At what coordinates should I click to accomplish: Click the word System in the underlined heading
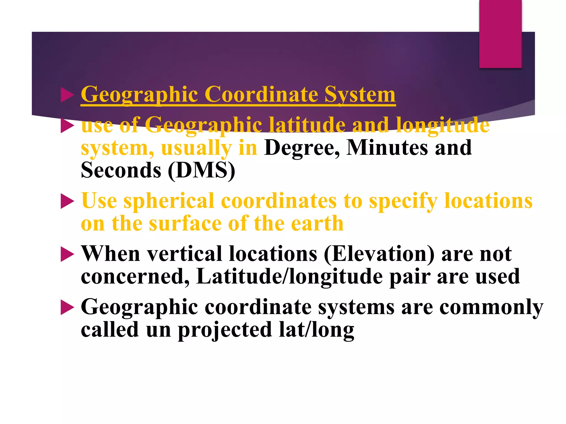click(360, 95)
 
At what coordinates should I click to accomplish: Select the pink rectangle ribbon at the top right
click(500, 34)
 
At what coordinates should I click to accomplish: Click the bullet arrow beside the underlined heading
click(67, 95)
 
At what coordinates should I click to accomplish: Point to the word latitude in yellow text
click(307, 125)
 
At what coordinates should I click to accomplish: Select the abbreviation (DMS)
click(201, 170)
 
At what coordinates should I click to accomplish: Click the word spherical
click(169, 201)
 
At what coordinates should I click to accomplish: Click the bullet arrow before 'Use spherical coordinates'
click(67, 201)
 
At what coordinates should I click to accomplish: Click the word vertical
click(184, 254)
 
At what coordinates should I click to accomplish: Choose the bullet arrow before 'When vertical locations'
click(67, 254)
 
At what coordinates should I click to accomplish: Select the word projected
click(225, 330)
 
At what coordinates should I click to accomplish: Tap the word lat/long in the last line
click(316, 330)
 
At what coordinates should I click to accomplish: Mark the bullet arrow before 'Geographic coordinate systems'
click(67, 308)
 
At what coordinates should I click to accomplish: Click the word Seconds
click(121, 170)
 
